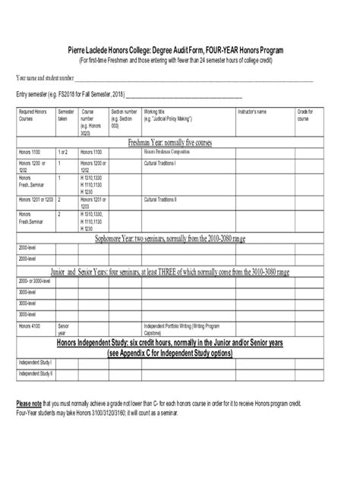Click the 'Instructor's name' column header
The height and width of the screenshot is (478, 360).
click(252, 112)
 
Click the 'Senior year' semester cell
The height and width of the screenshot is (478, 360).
click(63, 329)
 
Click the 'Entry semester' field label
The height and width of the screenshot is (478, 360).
click(39, 96)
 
